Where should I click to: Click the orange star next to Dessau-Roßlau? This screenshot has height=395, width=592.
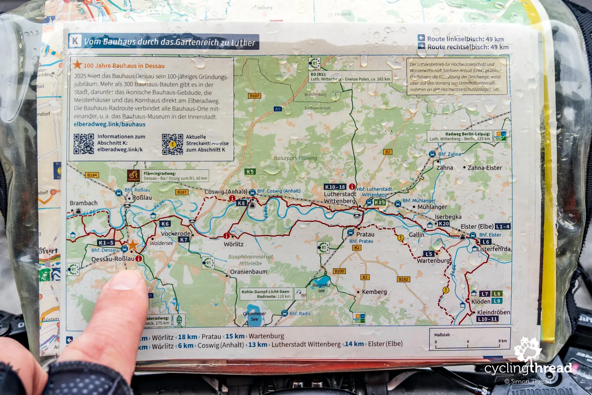[133, 245]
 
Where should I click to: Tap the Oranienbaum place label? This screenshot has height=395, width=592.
[249, 272]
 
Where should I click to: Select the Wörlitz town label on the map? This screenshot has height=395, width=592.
[234, 244]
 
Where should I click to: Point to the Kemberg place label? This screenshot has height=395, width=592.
[374, 292]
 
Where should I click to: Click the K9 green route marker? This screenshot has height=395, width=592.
[250, 171]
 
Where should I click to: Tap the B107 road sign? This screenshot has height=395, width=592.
[255, 96]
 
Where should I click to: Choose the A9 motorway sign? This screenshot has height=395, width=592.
[278, 109]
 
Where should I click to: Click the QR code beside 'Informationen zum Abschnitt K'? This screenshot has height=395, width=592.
[84, 143]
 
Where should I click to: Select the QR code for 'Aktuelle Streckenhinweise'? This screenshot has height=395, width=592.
[172, 144]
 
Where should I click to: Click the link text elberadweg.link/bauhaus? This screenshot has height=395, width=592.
[109, 124]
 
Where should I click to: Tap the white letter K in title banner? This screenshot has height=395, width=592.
[75, 41]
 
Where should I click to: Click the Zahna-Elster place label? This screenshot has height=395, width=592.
[485, 168]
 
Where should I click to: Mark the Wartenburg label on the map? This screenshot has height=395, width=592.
[433, 261]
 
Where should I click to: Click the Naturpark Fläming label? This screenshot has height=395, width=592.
[295, 158]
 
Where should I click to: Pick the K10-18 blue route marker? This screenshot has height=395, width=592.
[335, 187]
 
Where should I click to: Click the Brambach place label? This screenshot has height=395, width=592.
[84, 203]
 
